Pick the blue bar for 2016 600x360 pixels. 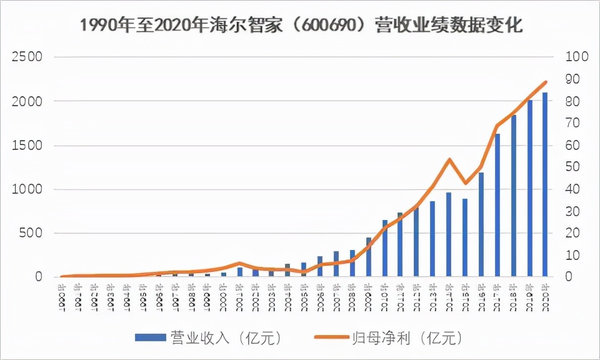481,224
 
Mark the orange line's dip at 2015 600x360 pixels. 465,183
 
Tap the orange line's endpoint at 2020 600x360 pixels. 546,82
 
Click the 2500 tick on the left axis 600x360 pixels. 27,57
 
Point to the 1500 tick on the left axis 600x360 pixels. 27,145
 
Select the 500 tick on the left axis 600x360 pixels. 31,233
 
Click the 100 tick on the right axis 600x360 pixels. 576,57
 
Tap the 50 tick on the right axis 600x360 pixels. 573,167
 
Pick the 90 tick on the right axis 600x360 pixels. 573,79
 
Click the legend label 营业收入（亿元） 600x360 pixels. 226,337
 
